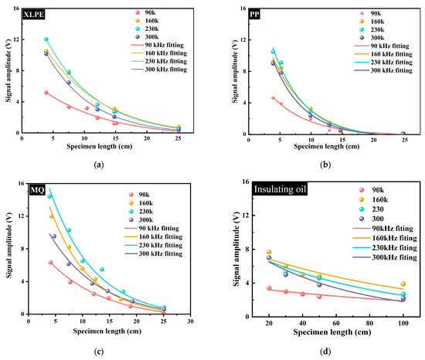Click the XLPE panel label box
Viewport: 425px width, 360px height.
point(33,15)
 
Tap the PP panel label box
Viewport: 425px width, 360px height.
point(254,14)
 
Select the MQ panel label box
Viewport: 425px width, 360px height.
point(37,190)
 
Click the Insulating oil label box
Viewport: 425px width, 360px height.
point(280,189)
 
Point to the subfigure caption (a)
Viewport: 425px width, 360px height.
point(99,165)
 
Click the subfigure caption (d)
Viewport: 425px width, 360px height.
point(325,352)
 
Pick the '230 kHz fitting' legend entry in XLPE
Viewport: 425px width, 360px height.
point(159,61)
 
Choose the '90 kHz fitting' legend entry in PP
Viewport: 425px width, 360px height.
point(382,46)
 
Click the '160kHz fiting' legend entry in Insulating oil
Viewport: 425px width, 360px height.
point(385,238)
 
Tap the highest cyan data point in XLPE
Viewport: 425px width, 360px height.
point(46,39)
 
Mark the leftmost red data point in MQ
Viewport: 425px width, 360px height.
point(50,263)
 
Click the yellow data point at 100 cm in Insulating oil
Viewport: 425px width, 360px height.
point(403,284)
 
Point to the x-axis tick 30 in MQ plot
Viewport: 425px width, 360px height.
point(191,321)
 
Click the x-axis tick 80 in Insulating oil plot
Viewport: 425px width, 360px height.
point(369,323)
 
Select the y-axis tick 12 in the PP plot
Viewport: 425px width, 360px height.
point(243,40)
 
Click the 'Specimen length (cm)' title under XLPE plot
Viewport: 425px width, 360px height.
point(100,147)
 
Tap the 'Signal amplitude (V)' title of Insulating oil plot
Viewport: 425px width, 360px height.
point(236,250)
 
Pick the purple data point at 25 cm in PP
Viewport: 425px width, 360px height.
point(403,134)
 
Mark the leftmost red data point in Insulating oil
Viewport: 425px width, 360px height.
point(269,288)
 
